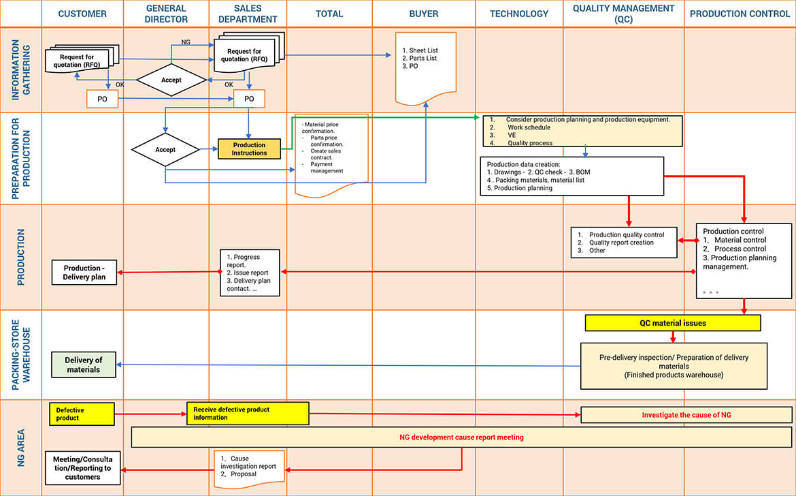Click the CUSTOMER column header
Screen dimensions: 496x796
click(82, 14)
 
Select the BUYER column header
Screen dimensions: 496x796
click(423, 14)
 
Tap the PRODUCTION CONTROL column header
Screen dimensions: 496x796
click(740, 14)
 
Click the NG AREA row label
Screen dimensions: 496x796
click(20, 447)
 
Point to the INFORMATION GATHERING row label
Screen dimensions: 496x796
click(20, 70)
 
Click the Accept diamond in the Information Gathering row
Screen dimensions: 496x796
click(171, 80)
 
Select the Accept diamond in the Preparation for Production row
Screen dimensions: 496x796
click(165, 150)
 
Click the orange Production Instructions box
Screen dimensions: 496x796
click(249, 149)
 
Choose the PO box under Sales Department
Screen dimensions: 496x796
click(249, 99)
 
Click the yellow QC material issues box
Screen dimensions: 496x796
click(672, 323)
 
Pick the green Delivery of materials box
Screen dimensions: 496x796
click(84, 365)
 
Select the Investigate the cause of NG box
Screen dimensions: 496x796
click(686, 414)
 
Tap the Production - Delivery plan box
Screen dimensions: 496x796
click(84, 273)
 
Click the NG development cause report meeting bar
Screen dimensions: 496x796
click(461, 437)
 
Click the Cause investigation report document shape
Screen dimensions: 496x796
click(249, 469)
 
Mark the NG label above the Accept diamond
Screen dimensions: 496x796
click(185, 42)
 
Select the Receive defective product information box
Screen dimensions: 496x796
click(248, 414)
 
